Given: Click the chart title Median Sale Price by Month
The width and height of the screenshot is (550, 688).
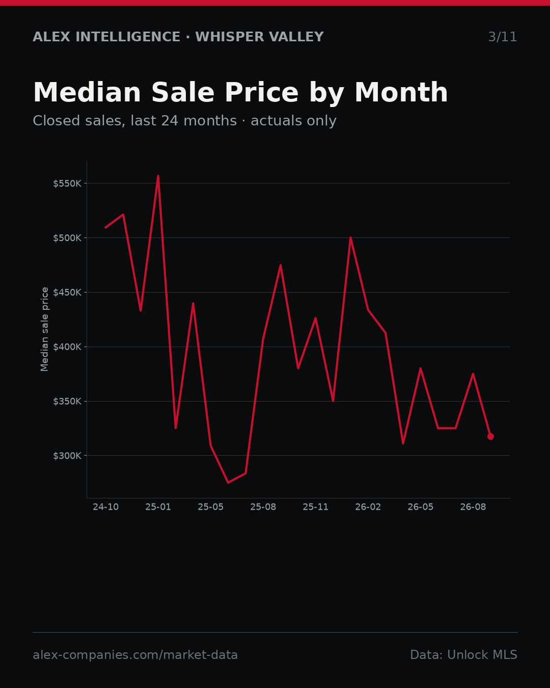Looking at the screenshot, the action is pos(240,93).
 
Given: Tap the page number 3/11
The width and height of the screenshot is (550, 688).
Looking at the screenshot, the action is pos(502,37).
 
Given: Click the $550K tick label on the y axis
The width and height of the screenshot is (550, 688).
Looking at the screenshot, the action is pos(67,183).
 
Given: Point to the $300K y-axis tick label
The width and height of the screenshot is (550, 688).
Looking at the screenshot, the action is pos(67,456).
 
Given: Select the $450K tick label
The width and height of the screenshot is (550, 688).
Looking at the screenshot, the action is pos(67,292).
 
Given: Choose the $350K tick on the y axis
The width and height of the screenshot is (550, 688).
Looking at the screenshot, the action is pos(67,401).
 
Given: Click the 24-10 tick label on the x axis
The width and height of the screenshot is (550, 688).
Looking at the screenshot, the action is pos(106,507).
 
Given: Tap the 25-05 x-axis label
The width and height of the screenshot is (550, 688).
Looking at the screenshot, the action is pos(211,507).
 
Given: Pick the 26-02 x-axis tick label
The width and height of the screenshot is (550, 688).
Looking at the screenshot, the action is pos(368,507).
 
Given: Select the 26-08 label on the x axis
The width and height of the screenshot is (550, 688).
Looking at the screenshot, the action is pos(473,507).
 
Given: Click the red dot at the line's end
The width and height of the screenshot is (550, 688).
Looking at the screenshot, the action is pos(490,436).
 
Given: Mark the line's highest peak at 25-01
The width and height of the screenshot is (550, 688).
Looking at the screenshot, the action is pos(158,176).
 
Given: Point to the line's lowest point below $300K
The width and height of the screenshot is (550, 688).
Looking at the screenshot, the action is pos(228,483).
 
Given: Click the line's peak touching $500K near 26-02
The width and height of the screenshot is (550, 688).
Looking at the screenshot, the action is pos(350,237).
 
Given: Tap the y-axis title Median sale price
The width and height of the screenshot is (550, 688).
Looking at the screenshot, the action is pos(44,329).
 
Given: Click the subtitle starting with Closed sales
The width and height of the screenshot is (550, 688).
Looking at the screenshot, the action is pos(185,121).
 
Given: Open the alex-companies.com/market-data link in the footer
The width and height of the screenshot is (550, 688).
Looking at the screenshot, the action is pos(135,655).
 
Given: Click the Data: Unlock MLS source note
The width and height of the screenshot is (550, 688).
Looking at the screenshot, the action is pos(464,655).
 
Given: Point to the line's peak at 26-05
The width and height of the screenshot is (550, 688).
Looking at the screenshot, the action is pos(421,368).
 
